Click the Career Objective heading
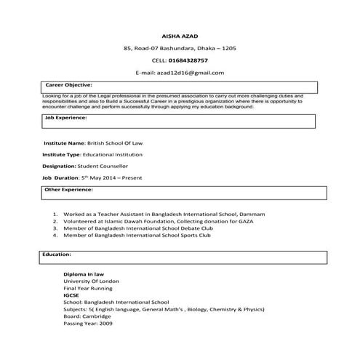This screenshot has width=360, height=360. click(68, 84)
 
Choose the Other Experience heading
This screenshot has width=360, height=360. click(69, 189)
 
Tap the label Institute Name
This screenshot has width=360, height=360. click(64, 143)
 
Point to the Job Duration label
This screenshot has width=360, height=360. click(60, 177)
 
